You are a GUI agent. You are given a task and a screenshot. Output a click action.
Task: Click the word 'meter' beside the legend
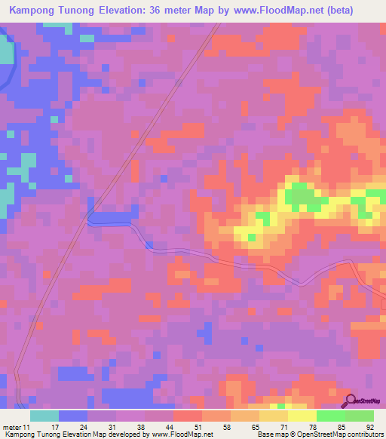click(x=12, y=426)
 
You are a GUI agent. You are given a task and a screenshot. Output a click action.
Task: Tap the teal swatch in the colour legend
click(x=44, y=416)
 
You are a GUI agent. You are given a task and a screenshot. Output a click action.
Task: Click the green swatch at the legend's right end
click(x=359, y=416)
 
